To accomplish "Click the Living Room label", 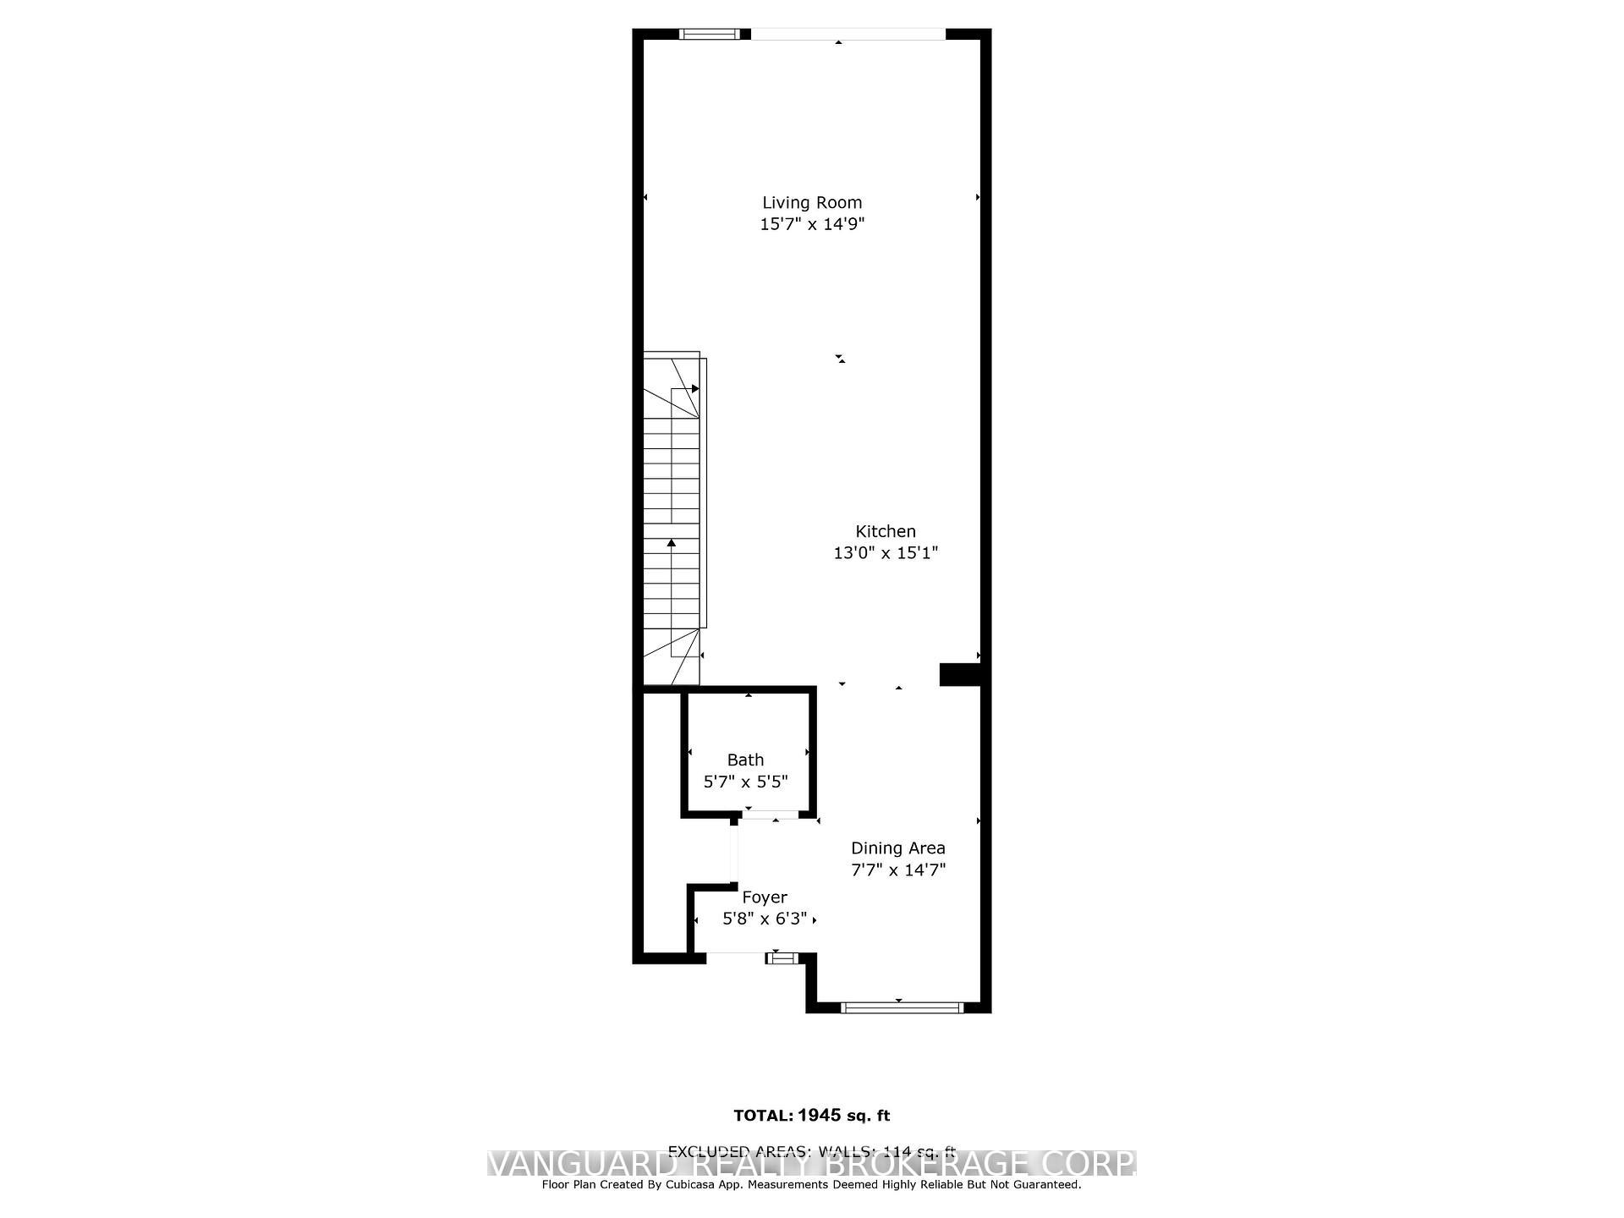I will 812,202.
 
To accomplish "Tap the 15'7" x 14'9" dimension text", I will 812,224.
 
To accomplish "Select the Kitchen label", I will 886,531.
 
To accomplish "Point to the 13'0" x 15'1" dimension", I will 886,553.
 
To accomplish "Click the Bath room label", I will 745,760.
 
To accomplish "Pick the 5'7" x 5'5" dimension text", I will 745,782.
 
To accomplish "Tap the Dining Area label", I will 897,848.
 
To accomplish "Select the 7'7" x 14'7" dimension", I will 897,870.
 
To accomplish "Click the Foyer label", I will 765,897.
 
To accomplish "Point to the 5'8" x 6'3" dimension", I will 765,919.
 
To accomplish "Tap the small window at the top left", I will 710,35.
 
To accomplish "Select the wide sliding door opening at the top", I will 848,35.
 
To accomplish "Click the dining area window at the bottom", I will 903,1007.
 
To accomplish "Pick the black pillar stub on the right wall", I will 959,674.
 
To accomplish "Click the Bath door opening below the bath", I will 770,815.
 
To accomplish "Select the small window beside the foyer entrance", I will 782,957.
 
